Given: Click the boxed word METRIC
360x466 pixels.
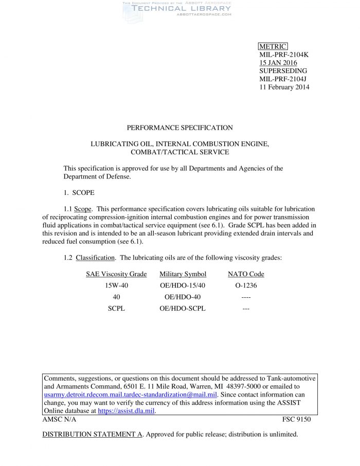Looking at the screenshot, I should click(273, 47).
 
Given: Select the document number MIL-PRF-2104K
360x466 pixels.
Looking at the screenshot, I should click(283, 55).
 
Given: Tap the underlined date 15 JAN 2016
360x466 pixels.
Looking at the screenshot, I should click(278, 63).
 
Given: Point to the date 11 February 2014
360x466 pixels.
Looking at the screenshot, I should click(284, 87).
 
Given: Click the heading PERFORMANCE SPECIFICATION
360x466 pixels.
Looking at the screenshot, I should click(179, 128).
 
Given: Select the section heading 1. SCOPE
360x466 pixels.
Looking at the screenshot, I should click(79, 193).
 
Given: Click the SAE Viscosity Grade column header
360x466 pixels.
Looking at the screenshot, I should click(116, 274).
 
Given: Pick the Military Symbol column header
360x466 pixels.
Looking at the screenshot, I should click(183, 274).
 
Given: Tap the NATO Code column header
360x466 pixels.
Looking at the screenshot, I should click(246, 274).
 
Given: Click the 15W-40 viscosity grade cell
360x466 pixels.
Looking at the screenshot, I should click(116, 285).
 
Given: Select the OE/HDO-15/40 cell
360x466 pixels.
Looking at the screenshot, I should click(183, 285).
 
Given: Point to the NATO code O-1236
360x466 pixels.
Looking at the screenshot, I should click(246, 285).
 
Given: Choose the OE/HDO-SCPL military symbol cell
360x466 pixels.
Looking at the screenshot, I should click(183, 309).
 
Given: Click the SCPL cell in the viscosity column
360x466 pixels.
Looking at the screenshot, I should click(116, 309).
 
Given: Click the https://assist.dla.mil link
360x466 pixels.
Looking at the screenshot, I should click(126, 411).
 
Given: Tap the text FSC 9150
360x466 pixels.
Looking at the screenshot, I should click(296, 419).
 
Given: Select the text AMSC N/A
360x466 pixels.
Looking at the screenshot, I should click(59, 419).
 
